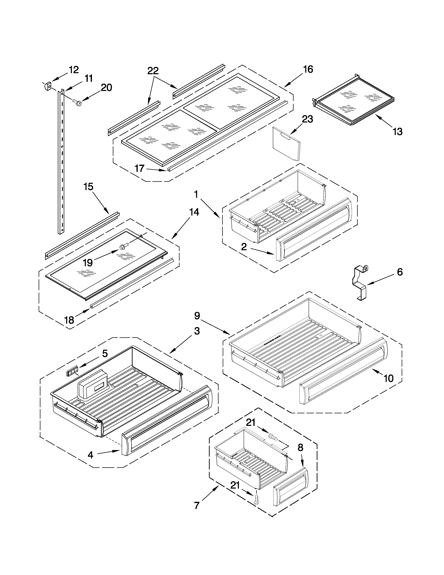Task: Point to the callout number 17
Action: pyautogui.click(x=139, y=168)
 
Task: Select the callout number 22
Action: pyautogui.click(x=153, y=71)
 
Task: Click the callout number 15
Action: pyautogui.click(x=88, y=187)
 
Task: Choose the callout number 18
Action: pyautogui.click(x=69, y=320)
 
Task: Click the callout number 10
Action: pyautogui.click(x=388, y=378)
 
